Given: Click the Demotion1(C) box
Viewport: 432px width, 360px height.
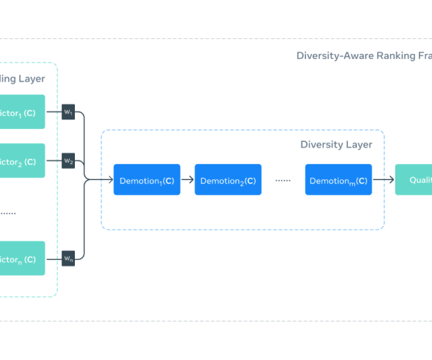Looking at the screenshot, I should click(147, 181).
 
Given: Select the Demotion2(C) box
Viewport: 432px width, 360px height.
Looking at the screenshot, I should click(228, 181).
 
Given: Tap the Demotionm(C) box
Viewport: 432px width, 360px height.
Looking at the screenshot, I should click(338, 181).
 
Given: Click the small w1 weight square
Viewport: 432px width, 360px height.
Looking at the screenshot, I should click(68, 112).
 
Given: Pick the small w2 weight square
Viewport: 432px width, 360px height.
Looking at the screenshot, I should click(68, 161).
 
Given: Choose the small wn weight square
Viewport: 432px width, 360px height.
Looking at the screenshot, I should click(68, 258).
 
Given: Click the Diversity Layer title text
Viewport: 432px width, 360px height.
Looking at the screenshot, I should click(336, 145).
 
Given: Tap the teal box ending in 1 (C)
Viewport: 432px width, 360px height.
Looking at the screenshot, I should click(22, 112).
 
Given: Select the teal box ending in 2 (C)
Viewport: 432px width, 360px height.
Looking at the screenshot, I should click(22, 161).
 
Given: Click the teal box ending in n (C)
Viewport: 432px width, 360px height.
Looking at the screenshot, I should click(22, 258).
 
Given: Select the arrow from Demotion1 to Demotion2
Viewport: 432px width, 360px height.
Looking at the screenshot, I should click(187, 181).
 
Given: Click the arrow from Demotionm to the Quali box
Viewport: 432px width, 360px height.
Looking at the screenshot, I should click(384, 181).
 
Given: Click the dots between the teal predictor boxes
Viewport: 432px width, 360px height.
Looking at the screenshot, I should click(9, 213).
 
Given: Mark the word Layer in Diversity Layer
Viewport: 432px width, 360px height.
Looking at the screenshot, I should click(358, 145).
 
